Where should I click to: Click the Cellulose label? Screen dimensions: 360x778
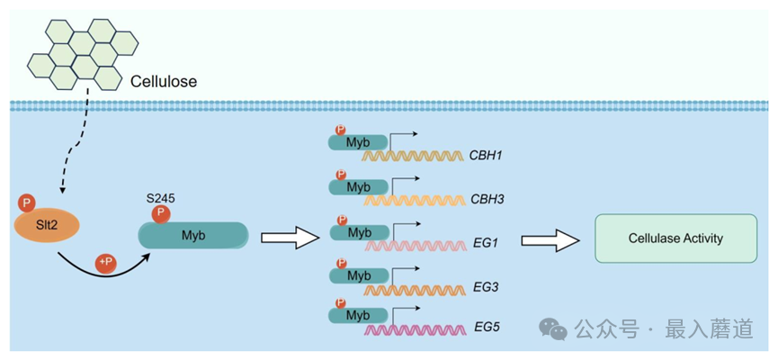click(164, 82)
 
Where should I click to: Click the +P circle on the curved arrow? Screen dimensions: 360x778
click(105, 262)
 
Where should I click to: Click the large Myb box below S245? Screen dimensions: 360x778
click(193, 235)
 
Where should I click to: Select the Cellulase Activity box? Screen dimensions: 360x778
click(675, 238)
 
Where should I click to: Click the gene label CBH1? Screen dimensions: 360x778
click(486, 155)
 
